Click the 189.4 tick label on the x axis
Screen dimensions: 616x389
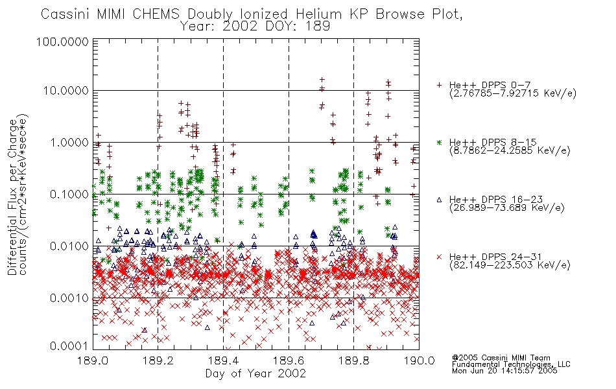coord(224,360)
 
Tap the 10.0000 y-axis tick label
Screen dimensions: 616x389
coord(66,91)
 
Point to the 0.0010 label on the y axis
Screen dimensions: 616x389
coord(69,298)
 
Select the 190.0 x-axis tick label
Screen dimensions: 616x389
coord(419,360)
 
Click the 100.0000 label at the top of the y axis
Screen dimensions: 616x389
coord(63,41)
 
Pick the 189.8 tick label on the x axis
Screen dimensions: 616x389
coord(353,360)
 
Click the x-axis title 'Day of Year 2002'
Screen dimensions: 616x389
coord(255,373)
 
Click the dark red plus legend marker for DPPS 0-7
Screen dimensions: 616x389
coord(439,85)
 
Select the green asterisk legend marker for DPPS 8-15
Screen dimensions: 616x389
coord(439,142)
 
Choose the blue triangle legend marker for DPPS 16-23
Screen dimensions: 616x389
coord(439,200)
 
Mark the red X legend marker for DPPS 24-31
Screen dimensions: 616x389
coord(439,257)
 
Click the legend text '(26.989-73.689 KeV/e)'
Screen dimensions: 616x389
coord(507,207)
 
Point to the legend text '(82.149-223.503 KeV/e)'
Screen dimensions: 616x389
coord(510,265)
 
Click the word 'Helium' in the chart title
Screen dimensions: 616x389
coord(318,14)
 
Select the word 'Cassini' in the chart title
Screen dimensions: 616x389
coord(66,14)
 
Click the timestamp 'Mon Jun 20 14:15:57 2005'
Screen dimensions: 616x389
coord(504,371)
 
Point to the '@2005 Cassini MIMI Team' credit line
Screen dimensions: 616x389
coord(501,358)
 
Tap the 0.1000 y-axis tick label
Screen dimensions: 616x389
coord(69,194)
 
